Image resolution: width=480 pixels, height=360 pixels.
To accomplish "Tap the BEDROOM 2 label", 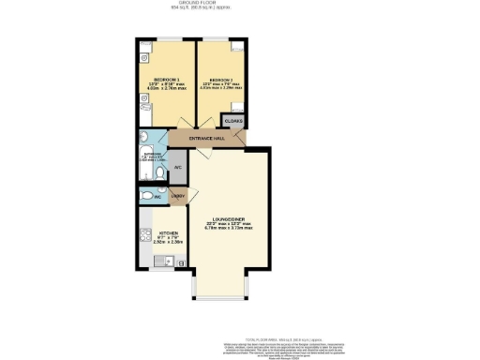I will point(221,80).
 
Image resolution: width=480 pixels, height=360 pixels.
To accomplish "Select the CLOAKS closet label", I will point(233,121).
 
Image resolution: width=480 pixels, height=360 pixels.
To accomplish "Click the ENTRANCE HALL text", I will point(207,139).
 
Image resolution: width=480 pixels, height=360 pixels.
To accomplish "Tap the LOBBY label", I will point(177,195).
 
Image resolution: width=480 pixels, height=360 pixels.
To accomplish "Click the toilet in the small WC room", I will point(145,197).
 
